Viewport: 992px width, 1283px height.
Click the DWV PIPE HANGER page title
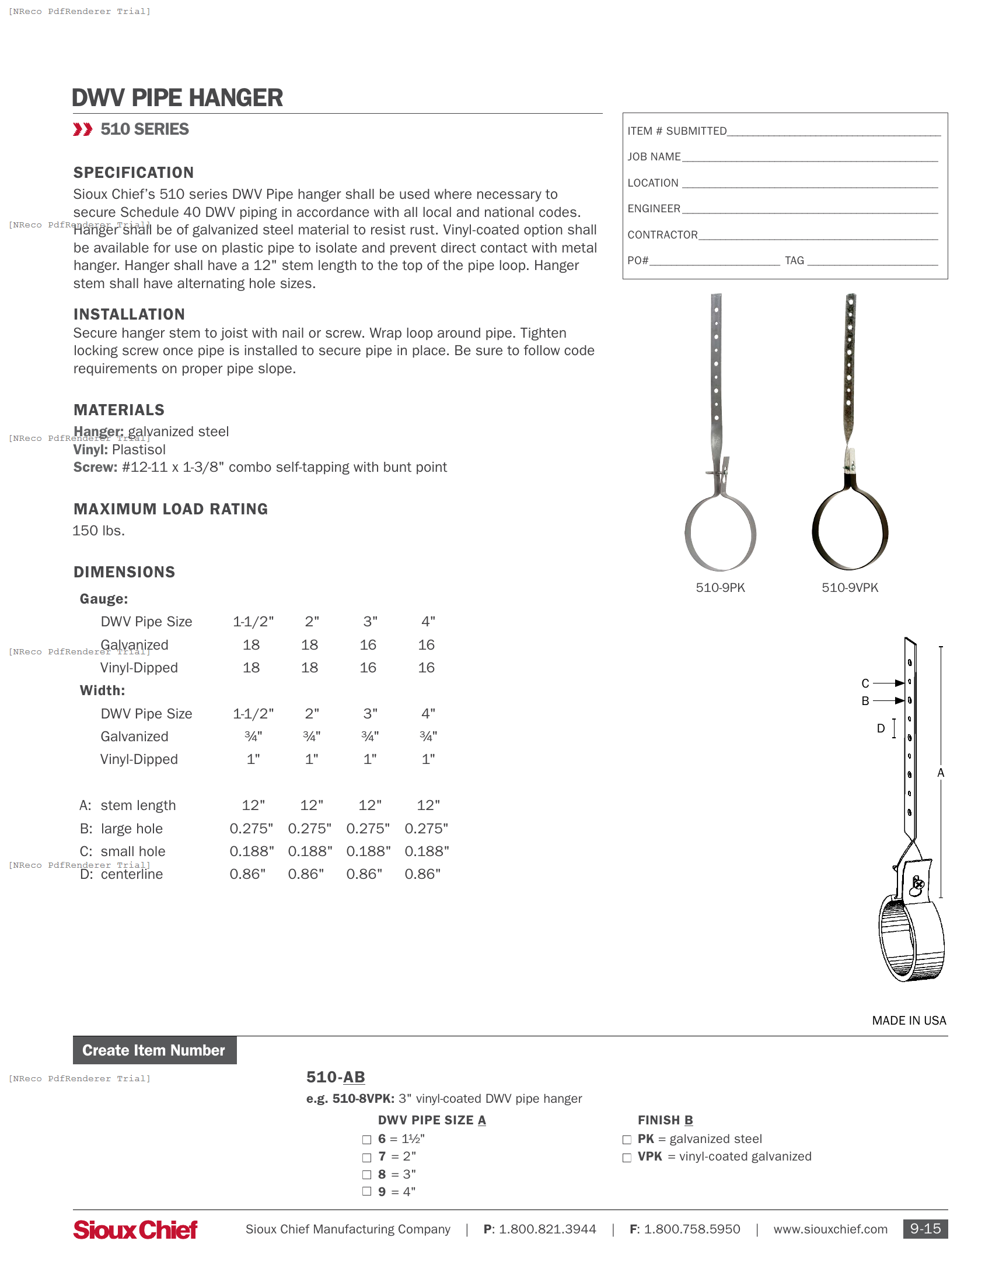coord(177,98)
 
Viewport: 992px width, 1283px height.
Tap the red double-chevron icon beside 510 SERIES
coord(82,129)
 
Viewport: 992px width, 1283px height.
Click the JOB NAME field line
coord(809,157)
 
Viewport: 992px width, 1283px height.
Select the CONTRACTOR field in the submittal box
coord(817,235)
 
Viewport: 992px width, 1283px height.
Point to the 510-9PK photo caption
coord(720,587)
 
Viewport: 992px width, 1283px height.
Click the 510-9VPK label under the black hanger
coord(849,587)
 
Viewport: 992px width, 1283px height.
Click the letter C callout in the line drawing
coord(865,683)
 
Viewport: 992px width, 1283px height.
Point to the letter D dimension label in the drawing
coord(881,728)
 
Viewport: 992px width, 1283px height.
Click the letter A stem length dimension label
coord(940,773)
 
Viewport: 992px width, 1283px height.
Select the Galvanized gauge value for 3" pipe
coord(368,645)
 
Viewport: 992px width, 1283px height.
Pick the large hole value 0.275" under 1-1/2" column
coord(251,828)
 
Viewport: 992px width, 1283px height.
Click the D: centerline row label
coord(121,874)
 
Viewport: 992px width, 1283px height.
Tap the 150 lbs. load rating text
coord(99,531)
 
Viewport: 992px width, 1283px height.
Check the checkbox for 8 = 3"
coord(366,1175)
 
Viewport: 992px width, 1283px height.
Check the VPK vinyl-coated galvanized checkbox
coord(627,1157)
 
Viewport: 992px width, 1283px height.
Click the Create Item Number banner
coord(154,1050)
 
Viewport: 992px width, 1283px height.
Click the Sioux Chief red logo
coord(135,1229)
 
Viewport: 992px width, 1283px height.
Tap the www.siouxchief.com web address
coord(830,1229)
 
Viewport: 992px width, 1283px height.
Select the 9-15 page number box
coord(925,1229)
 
